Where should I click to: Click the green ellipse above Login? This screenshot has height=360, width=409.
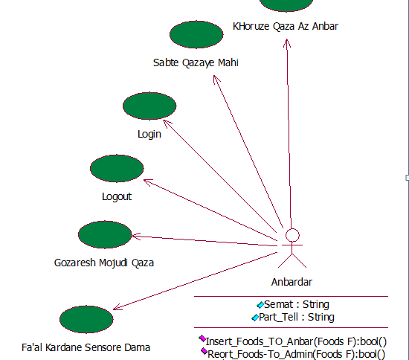point(149,106)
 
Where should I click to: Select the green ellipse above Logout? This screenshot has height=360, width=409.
point(117,168)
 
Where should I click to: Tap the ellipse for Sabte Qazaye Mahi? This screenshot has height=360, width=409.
point(196,35)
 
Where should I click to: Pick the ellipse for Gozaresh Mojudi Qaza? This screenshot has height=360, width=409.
point(105,234)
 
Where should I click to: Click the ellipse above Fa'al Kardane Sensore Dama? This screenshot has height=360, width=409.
point(86,320)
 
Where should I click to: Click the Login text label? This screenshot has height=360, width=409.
point(149,135)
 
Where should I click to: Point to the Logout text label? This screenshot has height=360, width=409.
point(117,196)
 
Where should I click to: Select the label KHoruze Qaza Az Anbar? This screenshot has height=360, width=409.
point(286,26)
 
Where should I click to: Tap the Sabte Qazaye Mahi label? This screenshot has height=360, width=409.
point(196,63)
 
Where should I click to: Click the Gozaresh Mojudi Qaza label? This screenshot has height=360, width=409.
point(104,263)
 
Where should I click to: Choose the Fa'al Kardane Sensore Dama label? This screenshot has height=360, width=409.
point(86,347)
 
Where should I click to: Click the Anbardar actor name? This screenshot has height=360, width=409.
point(292,282)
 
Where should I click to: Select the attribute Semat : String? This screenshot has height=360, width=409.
point(297,304)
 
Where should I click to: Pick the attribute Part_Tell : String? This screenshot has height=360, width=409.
point(297,317)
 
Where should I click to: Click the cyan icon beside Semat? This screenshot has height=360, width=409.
point(260,305)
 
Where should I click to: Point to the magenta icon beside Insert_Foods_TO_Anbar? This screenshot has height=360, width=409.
point(202,338)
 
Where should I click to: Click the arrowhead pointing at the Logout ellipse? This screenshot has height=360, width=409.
point(147,182)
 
